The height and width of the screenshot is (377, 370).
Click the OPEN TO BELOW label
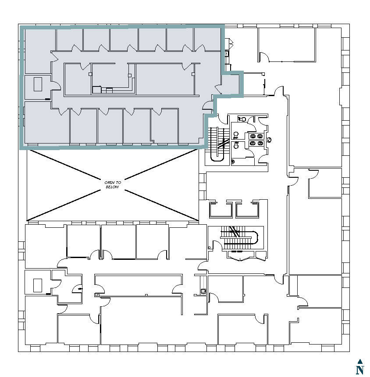tap(112, 184)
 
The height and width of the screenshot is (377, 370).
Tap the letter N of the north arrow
tap(360, 370)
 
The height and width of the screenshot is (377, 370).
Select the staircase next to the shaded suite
tap(218, 143)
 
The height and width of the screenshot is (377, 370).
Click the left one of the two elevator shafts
tap(219, 210)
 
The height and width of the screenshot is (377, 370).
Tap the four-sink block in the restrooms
tap(256, 139)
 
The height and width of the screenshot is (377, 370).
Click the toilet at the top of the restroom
tap(242, 119)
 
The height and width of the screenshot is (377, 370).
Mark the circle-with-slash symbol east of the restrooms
tap(269, 140)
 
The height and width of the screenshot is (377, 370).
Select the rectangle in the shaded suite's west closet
tap(38, 84)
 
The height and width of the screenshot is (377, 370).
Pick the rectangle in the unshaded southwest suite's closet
tap(38, 285)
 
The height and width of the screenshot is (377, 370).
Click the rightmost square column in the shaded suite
tap(193, 75)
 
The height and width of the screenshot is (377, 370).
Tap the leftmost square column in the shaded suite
tap(90, 75)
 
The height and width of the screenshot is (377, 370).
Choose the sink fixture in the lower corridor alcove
tap(203, 291)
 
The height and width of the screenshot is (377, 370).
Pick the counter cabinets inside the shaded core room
tap(103, 90)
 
